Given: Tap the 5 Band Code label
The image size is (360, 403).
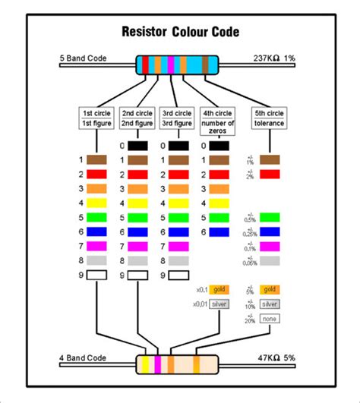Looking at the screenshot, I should tap(83, 58).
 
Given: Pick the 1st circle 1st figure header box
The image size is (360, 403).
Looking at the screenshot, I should tap(96, 118).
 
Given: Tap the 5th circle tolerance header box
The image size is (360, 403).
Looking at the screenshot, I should tap(270, 118).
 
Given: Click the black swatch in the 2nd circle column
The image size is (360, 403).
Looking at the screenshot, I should tap(137, 146).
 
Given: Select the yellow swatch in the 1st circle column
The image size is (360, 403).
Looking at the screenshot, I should tap(96, 203).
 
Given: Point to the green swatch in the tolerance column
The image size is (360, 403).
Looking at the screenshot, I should tap(270, 218).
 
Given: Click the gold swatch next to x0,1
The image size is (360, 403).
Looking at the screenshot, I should tap(219, 289).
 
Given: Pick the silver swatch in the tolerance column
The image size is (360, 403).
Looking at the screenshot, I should tap(270, 304).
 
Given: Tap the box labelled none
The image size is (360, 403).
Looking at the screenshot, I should tap(270, 318).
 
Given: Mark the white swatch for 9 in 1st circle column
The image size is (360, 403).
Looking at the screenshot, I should tap(96, 275).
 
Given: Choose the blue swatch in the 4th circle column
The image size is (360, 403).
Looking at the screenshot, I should tap(219, 231).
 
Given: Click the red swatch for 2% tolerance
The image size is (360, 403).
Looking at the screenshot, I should tap(270, 175).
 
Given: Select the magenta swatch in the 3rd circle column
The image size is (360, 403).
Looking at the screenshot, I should tap(178, 246).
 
